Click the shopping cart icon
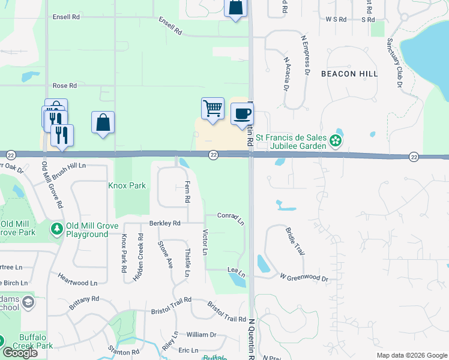[213, 109]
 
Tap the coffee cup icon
[242, 114]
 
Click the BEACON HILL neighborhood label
[349, 74]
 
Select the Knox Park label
[127, 185]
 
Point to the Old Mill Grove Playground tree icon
[57, 229]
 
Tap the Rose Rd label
[65, 86]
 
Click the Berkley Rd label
[165, 223]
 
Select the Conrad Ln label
[231, 218]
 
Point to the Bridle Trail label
[295, 241]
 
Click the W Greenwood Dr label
[304, 278]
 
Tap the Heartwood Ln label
[77, 279]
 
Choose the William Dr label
[201, 334]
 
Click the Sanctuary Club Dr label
[395, 63]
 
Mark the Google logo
[20, 353]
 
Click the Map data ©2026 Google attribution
[412, 355]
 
